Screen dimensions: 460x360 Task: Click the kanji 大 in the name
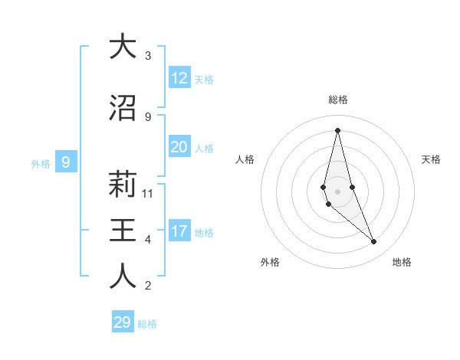click(x=123, y=47)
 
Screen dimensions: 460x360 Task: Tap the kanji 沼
click(x=123, y=108)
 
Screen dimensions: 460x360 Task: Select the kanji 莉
click(x=123, y=185)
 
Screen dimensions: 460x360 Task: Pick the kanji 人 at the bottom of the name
click(x=123, y=277)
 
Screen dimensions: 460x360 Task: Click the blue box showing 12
click(x=179, y=78)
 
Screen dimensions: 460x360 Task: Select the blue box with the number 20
click(x=179, y=147)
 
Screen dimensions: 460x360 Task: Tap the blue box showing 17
click(x=179, y=231)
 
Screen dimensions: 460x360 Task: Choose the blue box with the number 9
click(x=66, y=162)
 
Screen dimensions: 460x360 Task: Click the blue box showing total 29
click(x=123, y=322)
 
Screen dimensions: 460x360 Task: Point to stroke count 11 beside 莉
click(x=149, y=194)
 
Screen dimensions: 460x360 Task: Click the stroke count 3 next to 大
click(x=148, y=56)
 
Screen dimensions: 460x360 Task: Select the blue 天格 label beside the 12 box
click(x=204, y=80)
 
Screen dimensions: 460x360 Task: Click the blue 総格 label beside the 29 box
click(x=147, y=324)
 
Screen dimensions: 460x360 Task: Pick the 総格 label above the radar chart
click(x=338, y=100)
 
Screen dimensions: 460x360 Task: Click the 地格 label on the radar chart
click(x=402, y=262)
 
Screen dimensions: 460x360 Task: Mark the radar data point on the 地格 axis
click(x=374, y=242)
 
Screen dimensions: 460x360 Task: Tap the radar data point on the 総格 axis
click(x=337, y=130)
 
